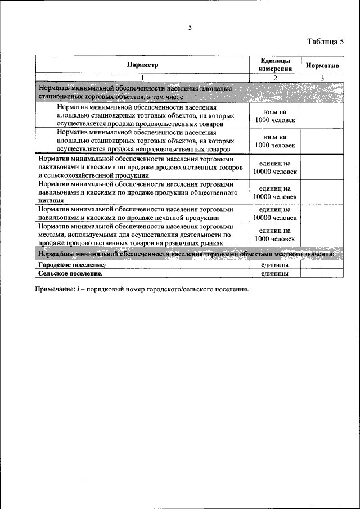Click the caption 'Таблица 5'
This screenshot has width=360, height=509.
click(x=325, y=42)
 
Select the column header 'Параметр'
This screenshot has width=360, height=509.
click(x=142, y=65)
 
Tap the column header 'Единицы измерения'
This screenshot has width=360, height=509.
click(x=274, y=64)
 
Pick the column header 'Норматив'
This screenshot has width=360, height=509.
click(x=322, y=65)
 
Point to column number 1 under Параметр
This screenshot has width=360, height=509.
click(x=142, y=78)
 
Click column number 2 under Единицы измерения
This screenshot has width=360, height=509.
click(x=274, y=78)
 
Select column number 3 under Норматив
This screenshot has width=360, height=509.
click(x=322, y=78)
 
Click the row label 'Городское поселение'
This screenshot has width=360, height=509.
click(x=71, y=264)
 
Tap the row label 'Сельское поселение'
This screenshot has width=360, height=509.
click(x=70, y=273)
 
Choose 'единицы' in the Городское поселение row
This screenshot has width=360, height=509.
click(x=274, y=264)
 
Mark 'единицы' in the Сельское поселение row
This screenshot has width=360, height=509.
click(x=274, y=273)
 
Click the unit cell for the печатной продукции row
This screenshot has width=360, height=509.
click(x=274, y=213)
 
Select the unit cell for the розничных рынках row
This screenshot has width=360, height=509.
click(x=274, y=235)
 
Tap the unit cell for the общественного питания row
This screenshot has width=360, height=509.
click(x=274, y=192)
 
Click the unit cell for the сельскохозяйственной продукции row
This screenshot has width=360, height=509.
click(x=274, y=167)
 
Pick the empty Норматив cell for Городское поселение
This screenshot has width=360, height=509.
click(x=322, y=264)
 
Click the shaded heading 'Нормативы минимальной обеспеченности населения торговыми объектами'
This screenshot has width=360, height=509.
click(x=186, y=254)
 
